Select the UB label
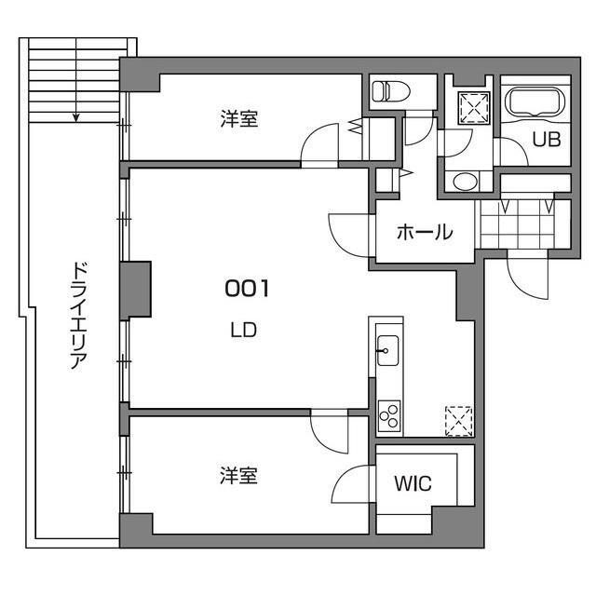tap(545, 141)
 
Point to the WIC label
tap(413, 484)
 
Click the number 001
tap(247, 289)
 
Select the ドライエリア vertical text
tap(78, 317)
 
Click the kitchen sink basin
tap(386, 352)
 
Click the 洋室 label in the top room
tap(239, 119)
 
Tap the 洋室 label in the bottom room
tap(239, 476)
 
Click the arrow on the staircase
tap(77, 116)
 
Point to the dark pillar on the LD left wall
tap(136, 291)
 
